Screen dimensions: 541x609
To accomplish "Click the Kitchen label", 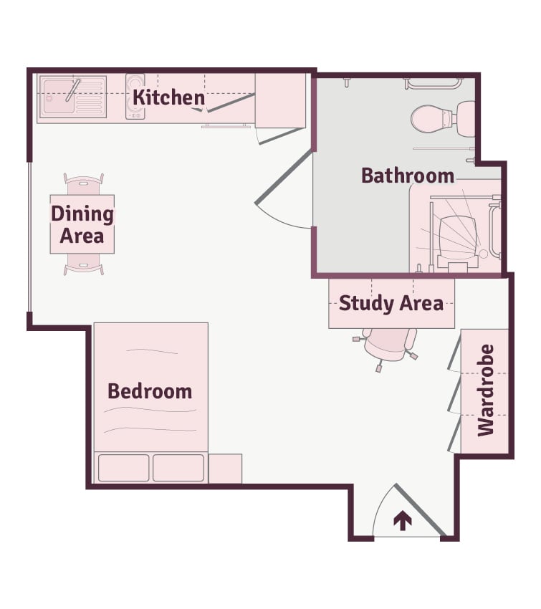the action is pyautogui.click(x=168, y=97).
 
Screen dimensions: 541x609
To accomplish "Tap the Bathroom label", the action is pyautogui.click(x=408, y=176).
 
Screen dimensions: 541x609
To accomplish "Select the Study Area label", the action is pyautogui.click(x=391, y=303).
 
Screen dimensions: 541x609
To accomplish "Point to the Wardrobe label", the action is pyautogui.click(x=485, y=390).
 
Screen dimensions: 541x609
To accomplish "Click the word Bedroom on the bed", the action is pyautogui.click(x=150, y=391).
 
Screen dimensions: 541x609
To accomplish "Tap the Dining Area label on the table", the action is pyautogui.click(x=82, y=224).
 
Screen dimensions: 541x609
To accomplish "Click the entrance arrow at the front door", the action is pyautogui.click(x=403, y=520).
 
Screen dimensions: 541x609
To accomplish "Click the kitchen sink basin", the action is pyautogui.click(x=58, y=96).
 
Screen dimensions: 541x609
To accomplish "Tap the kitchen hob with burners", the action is pyautogui.click(x=135, y=96).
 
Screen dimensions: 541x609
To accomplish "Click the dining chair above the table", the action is pyautogui.click(x=84, y=184).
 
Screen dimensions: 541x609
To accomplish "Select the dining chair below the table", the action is pyautogui.click(x=84, y=264).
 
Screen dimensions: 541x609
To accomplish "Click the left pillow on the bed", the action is pyautogui.click(x=123, y=468).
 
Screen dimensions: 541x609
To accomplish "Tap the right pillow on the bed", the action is pyautogui.click(x=178, y=468).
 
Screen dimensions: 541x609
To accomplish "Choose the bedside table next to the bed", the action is pyautogui.click(x=225, y=469).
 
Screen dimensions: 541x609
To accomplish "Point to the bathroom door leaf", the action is pyautogui.click(x=284, y=177).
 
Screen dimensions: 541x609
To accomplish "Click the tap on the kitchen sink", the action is pyautogui.click(x=73, y=90).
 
